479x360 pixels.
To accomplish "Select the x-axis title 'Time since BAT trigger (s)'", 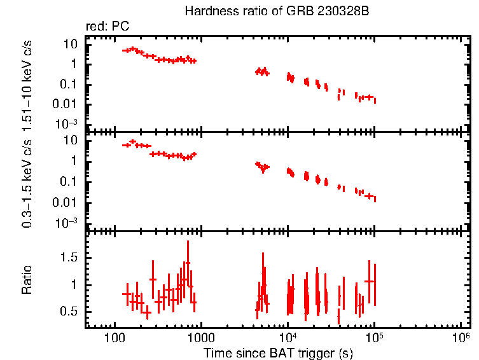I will pyautogui.click(x=278, y=352).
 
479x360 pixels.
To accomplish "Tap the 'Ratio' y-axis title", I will pyautogui.click(x=27, y=280).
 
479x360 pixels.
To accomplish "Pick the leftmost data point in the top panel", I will pyautogui.click(x=127, y=50).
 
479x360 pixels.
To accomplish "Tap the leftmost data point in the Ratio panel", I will pyautogui.click(x=126, y=294).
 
